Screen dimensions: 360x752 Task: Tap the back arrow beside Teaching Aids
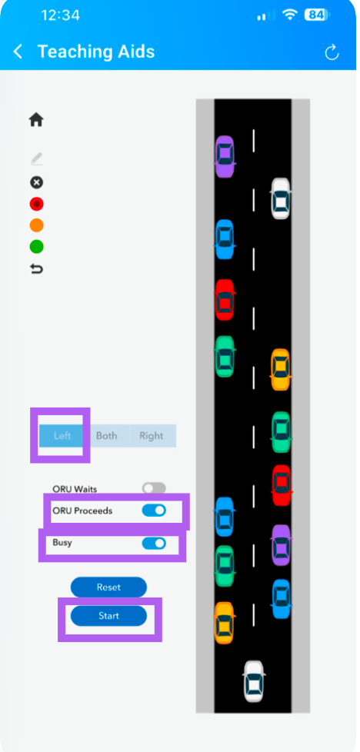coord(18,52)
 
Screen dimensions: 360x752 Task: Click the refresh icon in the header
coord(332,52)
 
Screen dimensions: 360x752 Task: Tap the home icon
coord(36,119)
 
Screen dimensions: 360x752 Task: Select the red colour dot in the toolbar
coord(36,205)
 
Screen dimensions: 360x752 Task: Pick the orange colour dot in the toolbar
coord(36,225)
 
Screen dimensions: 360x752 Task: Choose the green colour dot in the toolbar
coord(36,247)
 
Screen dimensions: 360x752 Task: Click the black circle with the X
coord(36,182)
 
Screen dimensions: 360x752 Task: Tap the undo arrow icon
coord(36,269)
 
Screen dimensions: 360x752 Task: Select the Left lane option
coord(62,435)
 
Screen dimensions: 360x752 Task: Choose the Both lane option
coord(107,435)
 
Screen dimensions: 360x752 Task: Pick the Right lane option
coord(152,435)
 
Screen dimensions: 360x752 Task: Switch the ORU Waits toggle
coord(154,489)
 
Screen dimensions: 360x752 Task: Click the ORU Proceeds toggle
coord(154,511)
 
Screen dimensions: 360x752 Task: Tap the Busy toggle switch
coord(154,544)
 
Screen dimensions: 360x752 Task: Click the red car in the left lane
coord(224,300)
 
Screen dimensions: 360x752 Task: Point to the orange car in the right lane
coord(280,369)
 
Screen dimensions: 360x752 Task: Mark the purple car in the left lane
coord(224,156)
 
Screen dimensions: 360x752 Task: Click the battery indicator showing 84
coord(316,15)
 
